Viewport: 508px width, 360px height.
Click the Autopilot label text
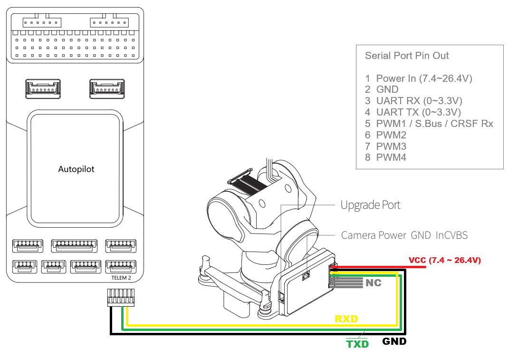pos(76,169)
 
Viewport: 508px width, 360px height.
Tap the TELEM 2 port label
pos(121,278)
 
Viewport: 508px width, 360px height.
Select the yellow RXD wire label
pos(346,319)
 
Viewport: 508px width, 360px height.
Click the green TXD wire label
pos(357,344)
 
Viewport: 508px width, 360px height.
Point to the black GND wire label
pos(394,341)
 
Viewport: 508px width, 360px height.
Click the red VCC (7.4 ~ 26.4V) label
pos(445,260)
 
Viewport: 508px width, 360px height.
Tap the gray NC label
pos(373,283)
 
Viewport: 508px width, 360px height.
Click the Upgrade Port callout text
pos(370,205)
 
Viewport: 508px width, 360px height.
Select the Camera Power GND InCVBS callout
pos(404,235)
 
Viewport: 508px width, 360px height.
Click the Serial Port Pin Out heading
pos(407,56)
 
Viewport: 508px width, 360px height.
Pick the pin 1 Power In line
pos(419,78)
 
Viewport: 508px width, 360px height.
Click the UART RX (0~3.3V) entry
pos(413,101)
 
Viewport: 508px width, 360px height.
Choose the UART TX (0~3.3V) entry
pos(413,112)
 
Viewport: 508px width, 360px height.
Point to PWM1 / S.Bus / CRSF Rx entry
pos(429,124)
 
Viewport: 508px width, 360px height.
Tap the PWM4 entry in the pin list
pos(386,157)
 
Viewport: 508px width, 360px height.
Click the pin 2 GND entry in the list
pos(382,89)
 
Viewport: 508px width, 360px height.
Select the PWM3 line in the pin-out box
pos(386,146)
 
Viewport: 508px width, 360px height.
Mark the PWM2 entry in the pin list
pos(386,135)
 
